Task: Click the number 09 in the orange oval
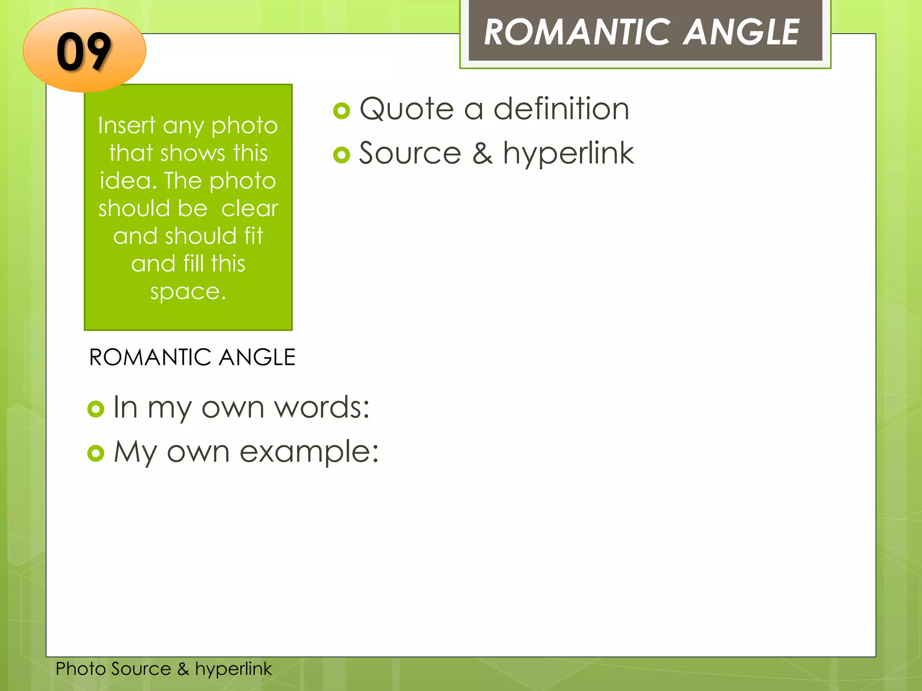[84, 52]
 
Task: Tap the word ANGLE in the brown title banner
[741, 32]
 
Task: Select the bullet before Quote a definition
[342, 111]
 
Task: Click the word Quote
[407, 109]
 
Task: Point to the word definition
[561, 109]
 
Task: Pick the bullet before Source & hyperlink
[342, 155]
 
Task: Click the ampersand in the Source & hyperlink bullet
[482, 154]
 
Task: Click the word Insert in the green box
[127, 126]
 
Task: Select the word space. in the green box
[188, 292]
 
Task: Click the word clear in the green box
[249, 209]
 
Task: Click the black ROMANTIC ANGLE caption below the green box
[192, 358]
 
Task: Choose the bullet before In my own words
[96, 409]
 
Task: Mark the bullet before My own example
[96, 453]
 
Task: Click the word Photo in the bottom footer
[81, 669]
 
